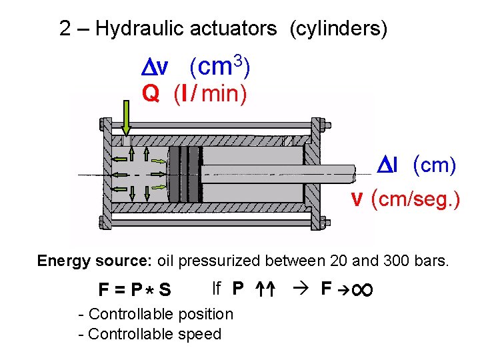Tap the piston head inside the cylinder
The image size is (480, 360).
tap(185, 175)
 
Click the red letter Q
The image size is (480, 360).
tap(151, 94)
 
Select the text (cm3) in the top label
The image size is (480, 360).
tap(219, 67)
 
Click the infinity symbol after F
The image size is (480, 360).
tap(365, 289)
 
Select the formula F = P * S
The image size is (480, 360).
tap(135, 290)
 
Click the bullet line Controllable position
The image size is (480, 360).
tap(155, 314)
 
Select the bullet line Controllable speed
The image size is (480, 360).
tap(149, 334)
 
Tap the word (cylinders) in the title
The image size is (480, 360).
tap(338, 29)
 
